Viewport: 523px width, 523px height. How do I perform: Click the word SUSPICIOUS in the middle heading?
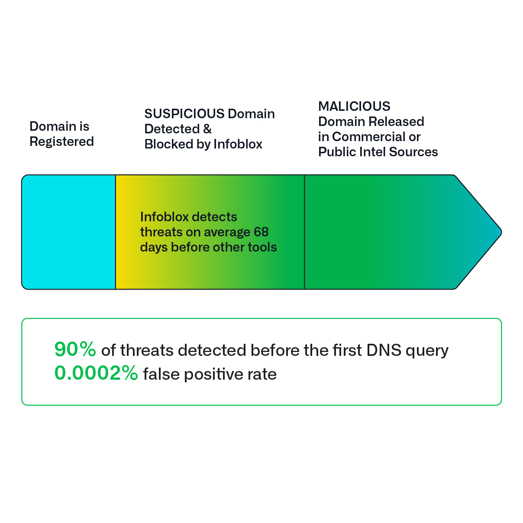[x=184, y=114]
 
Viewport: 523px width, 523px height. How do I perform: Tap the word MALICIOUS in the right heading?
[x=354, y=106]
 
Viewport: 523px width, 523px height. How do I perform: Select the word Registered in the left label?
[x=61, y=142]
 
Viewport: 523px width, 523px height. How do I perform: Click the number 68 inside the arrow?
[x=261, y=232]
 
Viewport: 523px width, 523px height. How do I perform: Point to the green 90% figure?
[x=75, y=349]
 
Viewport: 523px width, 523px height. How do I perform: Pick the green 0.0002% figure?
[x=97, y=373]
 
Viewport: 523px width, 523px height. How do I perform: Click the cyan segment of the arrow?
[x=69, y=232]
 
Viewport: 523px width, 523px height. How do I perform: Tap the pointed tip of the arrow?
[x=501, y=232]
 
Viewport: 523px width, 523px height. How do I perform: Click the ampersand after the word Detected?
[x=207, y=129]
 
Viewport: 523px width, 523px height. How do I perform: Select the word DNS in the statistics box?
[x=384, y=350]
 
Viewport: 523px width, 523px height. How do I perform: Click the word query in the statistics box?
[x=427, y=352]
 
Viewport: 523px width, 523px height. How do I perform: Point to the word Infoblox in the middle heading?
[x=238, y=144]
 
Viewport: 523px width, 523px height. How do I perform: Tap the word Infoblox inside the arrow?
[x=165, y=217]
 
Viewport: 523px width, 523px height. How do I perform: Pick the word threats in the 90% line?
[x=147, y=350]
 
